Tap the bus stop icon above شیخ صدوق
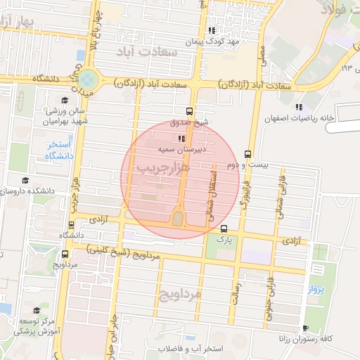tap(188, 110)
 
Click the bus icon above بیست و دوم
tap(247, 154)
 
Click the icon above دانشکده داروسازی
tap(26, 181)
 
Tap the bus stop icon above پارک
tap(224, 229)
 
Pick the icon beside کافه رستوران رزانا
tap(304, 328)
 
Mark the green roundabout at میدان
tap(88, 79)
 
